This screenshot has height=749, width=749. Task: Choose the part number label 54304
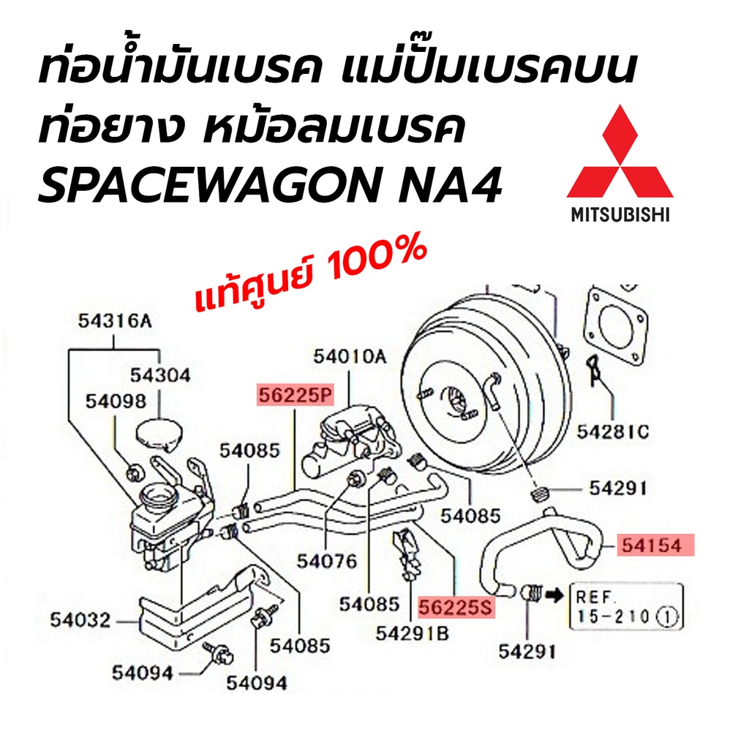pyautogui.click(x=160, y=375)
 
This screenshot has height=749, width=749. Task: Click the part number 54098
pyautogui.click(x=115, y=401)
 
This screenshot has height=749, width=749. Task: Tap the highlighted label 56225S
pyautogui.click(x=456, y=606)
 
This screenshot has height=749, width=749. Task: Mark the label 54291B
pyautogui.click(x=412, y=634)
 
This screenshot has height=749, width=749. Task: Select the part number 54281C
pyautogui.click(x=612, y=432)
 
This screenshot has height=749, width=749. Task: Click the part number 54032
pyautogui.click(x=80, y=620)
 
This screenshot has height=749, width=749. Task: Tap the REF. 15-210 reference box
pyautogui.click(x=626, y=606)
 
